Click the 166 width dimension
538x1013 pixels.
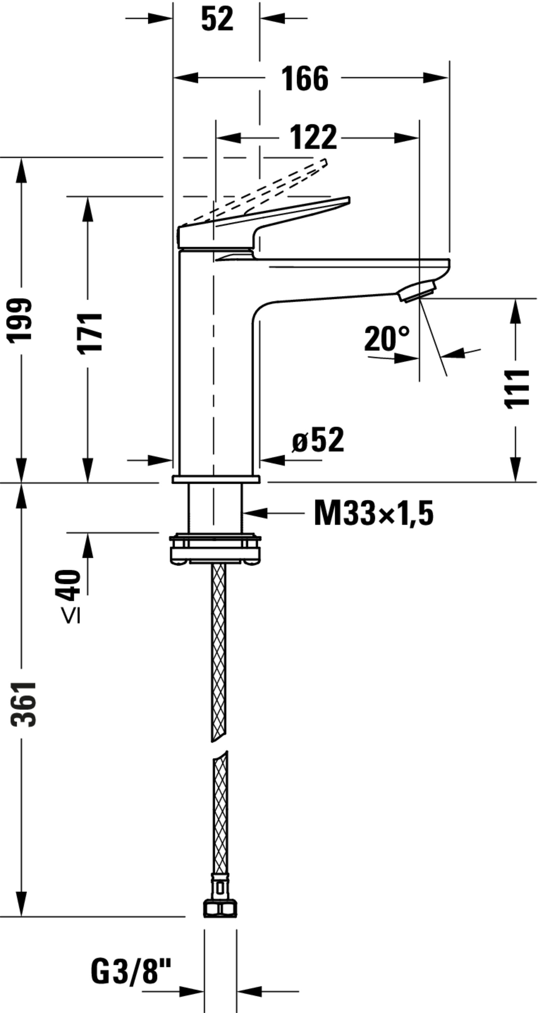coord(304,79)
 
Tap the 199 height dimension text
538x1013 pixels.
coord(20,320)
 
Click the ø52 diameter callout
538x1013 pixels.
coord(318,440)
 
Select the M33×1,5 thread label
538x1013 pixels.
coord(373,513)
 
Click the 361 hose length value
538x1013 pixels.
coord(24,704)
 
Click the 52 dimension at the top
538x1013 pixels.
coord(217,19)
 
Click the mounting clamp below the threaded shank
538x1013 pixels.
coord(215,549)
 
